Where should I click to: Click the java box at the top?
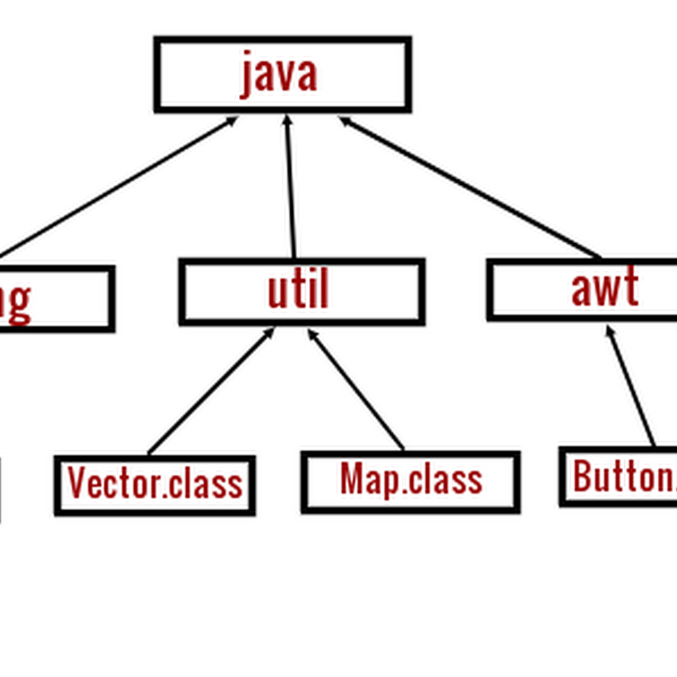pos(283,75)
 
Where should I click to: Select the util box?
pos(302,291)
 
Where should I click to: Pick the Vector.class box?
pos(155,486)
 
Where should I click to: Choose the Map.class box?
pos(411,481)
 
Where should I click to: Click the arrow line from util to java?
pos(290,188)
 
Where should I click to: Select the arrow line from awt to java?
pos(470,188)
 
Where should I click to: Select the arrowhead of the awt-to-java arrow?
pos(345,121)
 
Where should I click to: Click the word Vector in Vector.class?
pos(109,483)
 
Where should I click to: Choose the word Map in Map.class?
pos(362,479)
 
